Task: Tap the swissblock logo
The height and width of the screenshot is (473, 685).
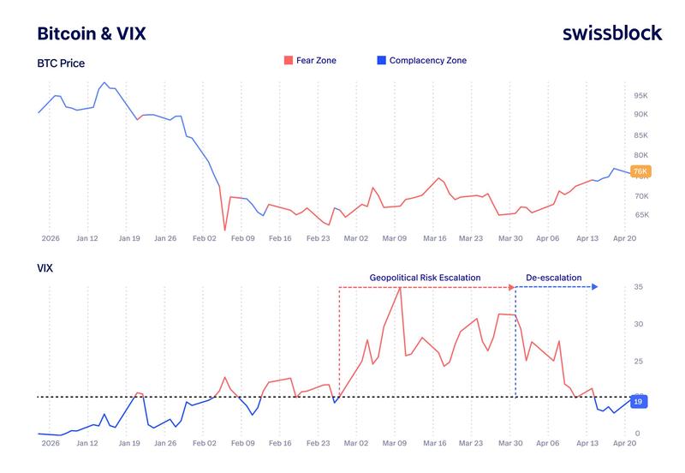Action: (612, 33)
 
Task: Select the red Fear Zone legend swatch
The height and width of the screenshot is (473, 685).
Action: (288, 61)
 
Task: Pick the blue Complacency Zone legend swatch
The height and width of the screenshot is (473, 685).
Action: (381, 61)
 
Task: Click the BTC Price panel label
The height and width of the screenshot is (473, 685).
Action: (61, 63)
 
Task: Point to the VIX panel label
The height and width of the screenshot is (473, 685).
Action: (45, 268)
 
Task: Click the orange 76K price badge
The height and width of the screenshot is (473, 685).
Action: (640, 171)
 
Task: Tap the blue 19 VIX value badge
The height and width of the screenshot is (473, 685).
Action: (638, 401)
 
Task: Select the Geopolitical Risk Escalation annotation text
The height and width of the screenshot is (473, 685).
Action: (425, 278)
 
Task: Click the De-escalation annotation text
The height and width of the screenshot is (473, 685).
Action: (553, 278)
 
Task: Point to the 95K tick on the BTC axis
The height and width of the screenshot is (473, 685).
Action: (640, 95)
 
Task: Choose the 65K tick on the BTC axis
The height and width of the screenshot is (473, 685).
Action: (640, 215)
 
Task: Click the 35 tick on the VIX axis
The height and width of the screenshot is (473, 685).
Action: (637, 287)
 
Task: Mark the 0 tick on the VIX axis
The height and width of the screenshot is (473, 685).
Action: (637, 434)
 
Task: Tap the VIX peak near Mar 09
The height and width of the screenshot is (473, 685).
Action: (400, 287)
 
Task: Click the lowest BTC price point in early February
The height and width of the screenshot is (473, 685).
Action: (224, 230)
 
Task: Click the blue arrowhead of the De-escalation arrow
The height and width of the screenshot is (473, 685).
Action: (595, 288)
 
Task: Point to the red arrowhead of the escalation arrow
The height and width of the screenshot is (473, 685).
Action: (514, 288)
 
